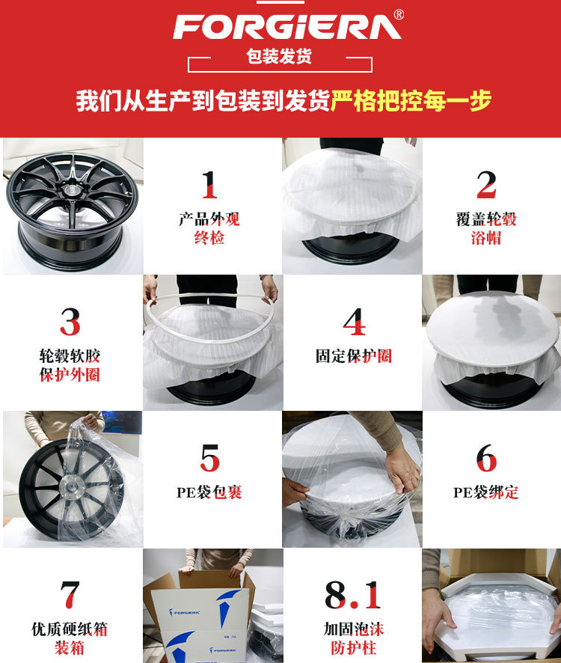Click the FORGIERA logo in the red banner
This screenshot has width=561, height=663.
pyautogui.click(x=286, y=27)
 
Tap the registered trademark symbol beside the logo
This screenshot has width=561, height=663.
pyautogui.click(x=399, y=15)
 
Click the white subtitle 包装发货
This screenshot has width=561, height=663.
pyautogui.click(x=279, y=56)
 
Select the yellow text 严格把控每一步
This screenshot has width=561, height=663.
pyautogui.click(x=411, y=101)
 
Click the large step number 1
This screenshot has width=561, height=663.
pyautogui.click(x=209, y=185)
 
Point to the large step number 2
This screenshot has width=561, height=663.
pyautogui.click(x=486, y=185)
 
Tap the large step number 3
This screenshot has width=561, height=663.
pyautogui.click(x=70, y=322)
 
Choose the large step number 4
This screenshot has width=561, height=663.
pyautogui.click(x=354, y=322)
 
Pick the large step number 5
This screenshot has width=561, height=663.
pyautogui.click(x=209, y=459)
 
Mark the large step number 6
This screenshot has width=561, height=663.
pyautogui.click(x=486, y=459)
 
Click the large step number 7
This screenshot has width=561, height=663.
pyautogui.click(x=70, y=594)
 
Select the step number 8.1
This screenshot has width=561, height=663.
pyautogui.click(x=352, y=594)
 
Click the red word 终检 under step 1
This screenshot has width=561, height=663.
pyautogui.click(x=209, y=238)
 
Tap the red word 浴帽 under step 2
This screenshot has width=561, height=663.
pyautogui.click(x=486, y=238)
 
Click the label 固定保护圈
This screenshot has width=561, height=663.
pyautogui.click(x=354, y=356)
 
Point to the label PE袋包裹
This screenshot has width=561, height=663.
pyautogui.click(x=209, y=492)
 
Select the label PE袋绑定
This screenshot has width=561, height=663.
pyautogui.click(x=485, y=492)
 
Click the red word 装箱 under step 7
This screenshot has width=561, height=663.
pyautogui.click(x=70, y=648)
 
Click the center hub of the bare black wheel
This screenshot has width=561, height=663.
pyautogui.click(x=72, y=190)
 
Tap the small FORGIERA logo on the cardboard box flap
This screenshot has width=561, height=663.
pyautogui.click(x=185, y=612)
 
